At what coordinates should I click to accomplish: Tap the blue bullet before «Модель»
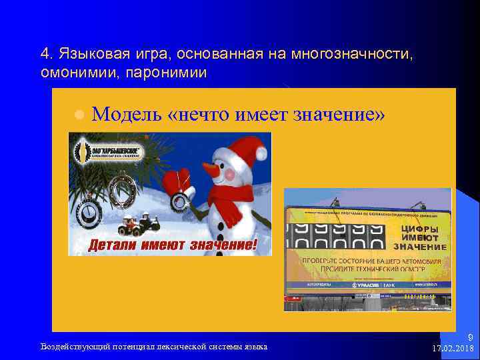coord(78,115)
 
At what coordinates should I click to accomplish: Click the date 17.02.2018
coord(453,348)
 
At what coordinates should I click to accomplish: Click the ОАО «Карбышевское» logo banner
coord(109,151)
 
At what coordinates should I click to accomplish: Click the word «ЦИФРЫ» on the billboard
coord(419,229)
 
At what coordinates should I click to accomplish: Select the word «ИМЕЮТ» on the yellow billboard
coord(419,237)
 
